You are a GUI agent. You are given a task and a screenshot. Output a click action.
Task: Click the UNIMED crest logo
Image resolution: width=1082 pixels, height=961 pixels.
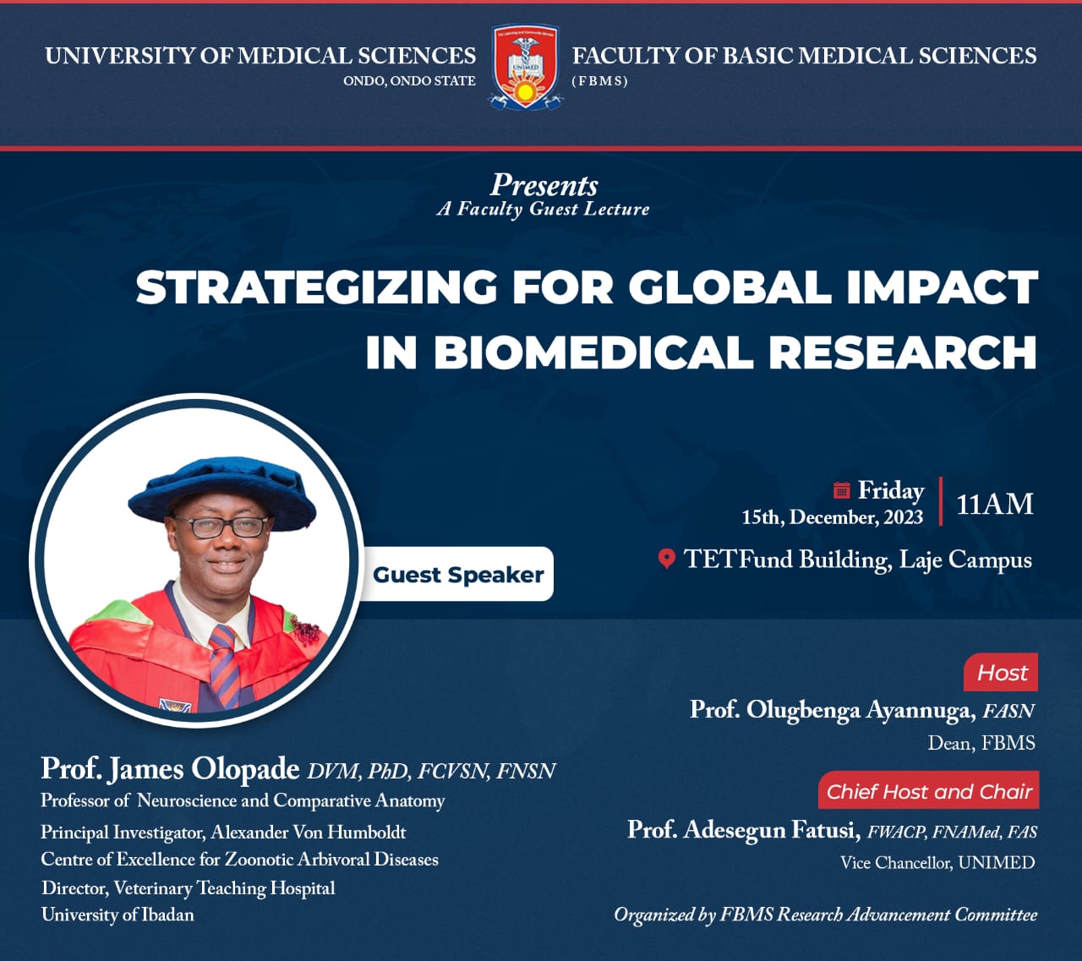pos(525,67)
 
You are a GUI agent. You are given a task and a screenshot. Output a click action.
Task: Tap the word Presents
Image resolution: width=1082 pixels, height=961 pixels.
pos(544,185)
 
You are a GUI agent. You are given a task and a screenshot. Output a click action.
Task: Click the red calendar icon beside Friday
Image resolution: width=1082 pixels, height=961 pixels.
pos(842,490)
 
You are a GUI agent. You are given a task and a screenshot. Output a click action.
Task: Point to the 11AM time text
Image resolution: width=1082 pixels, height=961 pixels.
pos(994,505)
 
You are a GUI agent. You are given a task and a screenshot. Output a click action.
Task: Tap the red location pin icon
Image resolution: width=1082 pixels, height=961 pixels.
pos(666,559)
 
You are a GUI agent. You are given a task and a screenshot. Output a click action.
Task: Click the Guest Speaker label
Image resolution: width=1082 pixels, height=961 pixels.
pos(458,574)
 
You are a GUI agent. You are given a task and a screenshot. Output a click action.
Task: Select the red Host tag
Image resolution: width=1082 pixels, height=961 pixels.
pos(1001,673)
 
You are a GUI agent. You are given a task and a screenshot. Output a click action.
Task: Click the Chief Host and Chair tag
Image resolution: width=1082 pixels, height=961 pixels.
pos(929,791)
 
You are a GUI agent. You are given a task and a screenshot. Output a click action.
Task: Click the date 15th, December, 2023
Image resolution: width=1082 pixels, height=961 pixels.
pos(832,517)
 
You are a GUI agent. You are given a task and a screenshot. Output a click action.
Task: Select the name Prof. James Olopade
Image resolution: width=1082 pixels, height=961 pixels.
pos(171,769)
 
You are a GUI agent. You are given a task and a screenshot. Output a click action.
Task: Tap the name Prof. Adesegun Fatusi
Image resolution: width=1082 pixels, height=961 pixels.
pos(743,830)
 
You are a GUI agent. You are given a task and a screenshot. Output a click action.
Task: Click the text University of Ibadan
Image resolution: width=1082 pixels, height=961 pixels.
pos(118,915)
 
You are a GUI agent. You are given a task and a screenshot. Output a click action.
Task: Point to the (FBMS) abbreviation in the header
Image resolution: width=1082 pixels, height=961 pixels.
pos(599,81)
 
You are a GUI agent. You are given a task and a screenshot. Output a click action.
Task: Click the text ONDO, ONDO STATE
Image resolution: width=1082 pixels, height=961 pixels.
pos(409,81)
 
